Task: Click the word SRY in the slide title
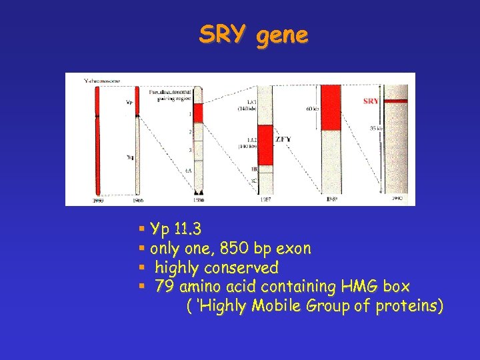click(x=224, y=35)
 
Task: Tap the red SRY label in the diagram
click(x=371, y=101)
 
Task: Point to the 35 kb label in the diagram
click(x=376, y=129)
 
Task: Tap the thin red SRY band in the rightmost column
click(x=399, y=101)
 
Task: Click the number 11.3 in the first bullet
click(x=187, y=230)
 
